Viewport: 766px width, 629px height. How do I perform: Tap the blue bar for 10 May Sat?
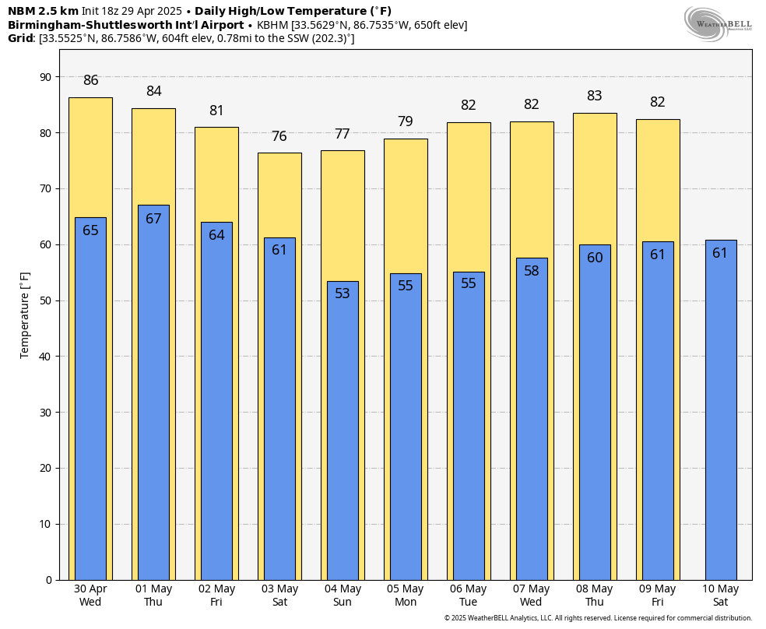(720, 413)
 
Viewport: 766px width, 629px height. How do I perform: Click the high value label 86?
(91, 80)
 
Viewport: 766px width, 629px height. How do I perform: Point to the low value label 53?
(343, 293)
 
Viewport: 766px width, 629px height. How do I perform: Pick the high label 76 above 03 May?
(279, 136)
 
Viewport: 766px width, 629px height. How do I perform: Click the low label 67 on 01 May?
(153, 219)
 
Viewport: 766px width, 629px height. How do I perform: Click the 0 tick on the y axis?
(48, 580)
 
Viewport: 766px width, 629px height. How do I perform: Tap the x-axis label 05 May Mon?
(406, 596)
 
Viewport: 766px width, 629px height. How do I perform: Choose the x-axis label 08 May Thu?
(594, 596)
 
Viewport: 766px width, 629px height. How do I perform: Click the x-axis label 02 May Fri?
(216, 596)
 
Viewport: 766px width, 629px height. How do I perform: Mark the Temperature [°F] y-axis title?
(25, 314)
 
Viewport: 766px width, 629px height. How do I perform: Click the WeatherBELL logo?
(718, 23)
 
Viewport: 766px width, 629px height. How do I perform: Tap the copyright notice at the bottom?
(598, 618)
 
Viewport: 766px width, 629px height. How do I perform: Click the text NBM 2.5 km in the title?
(43, 11)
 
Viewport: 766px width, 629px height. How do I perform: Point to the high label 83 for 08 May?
(595, 96)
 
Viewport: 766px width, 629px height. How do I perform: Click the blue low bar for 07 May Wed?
(532, 420)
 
